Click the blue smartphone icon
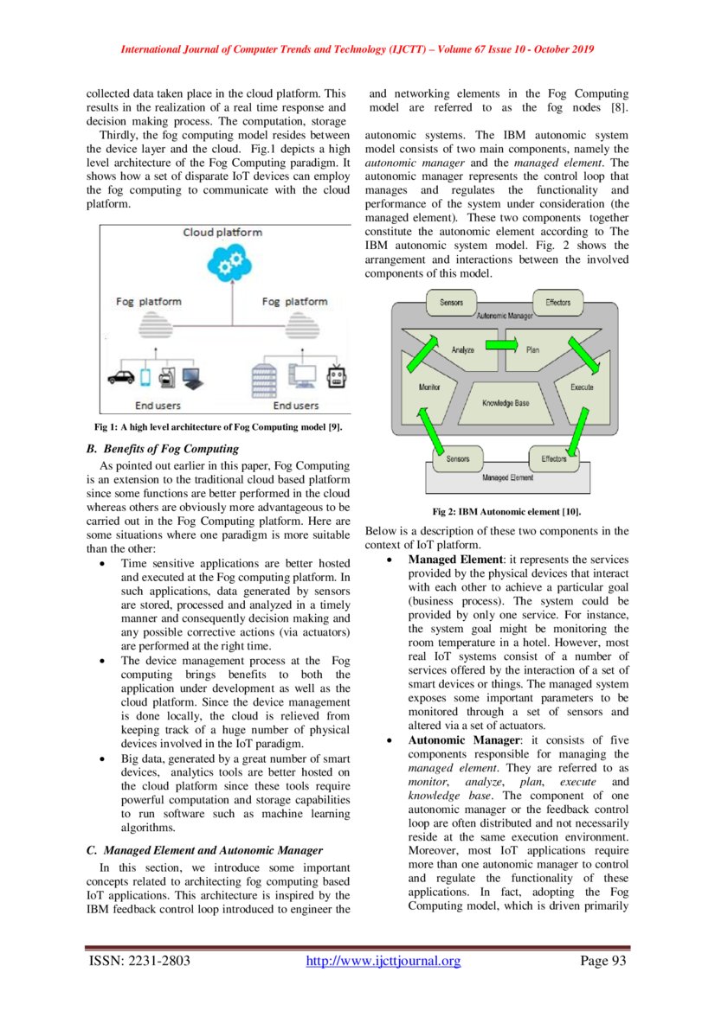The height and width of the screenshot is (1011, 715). tap(145, 376)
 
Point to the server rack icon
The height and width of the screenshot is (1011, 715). tap(262, 376)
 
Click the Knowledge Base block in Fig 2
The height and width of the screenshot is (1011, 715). tap(505, 403)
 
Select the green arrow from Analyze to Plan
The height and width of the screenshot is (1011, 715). tap(497, 345)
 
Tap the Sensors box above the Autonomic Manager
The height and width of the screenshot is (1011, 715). tap(451, 303)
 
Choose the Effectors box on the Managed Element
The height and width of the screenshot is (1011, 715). tap(554, 458)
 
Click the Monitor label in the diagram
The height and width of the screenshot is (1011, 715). tap(429, 387)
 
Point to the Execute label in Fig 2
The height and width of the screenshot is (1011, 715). tap(581, 387)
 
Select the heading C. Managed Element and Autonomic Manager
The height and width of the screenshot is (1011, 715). tap(204, 850)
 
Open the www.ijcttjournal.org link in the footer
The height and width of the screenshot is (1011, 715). tap(384, 961)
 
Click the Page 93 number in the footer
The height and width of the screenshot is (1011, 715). tap(602, 961)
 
